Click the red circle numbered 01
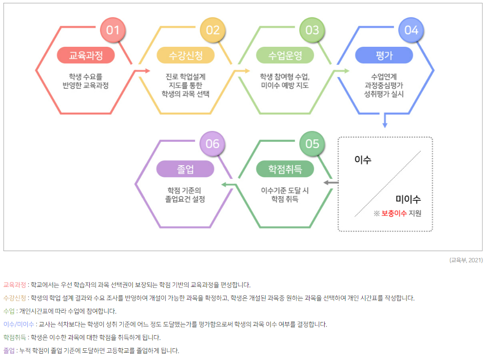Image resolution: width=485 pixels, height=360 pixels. pyautogui.click(x=113, y=30)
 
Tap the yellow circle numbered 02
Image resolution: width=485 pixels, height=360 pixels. pyautogui.click(x=213, y=30)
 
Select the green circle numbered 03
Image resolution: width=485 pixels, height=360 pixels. pyautogui.click(x=312, y=30)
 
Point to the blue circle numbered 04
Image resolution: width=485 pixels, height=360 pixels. pyautogui.click(x=411, y=30)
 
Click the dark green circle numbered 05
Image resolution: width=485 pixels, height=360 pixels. pyautogui.click(x=312, y=144)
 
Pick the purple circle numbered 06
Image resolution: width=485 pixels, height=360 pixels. pyautogui.click(x=213, y=144)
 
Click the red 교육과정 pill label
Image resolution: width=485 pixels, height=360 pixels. pyautogui.click(x=86, y=56)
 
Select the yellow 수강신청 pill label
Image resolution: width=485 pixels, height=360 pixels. pyautogui.click(x=185, y=56)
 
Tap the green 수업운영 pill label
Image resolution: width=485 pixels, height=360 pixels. pyautogui.click(x=285, y=56)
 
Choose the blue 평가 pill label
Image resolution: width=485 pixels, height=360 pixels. pyautogui.click(x=384, y=56)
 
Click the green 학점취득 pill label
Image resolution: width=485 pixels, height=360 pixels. pyautogui.click(x=285, y=169)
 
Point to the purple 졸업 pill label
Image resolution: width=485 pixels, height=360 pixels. pyautogui.click(x=185, y=169)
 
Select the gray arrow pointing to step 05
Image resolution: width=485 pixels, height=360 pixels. pyautogui.click(x=331, y=182)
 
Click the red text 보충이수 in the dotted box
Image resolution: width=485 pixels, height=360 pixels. pyautogui.click(x=394, y=213)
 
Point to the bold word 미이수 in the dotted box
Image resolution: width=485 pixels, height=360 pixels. pyautogui.click(x=408, y=199)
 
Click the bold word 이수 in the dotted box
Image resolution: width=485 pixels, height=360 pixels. pyautogui.click(x=363, y=159)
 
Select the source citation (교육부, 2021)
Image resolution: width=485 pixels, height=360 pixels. pyautogui.click(x=466, y=260)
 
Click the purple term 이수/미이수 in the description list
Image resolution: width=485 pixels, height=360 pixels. pyautogui.click(x=19, y=324)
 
